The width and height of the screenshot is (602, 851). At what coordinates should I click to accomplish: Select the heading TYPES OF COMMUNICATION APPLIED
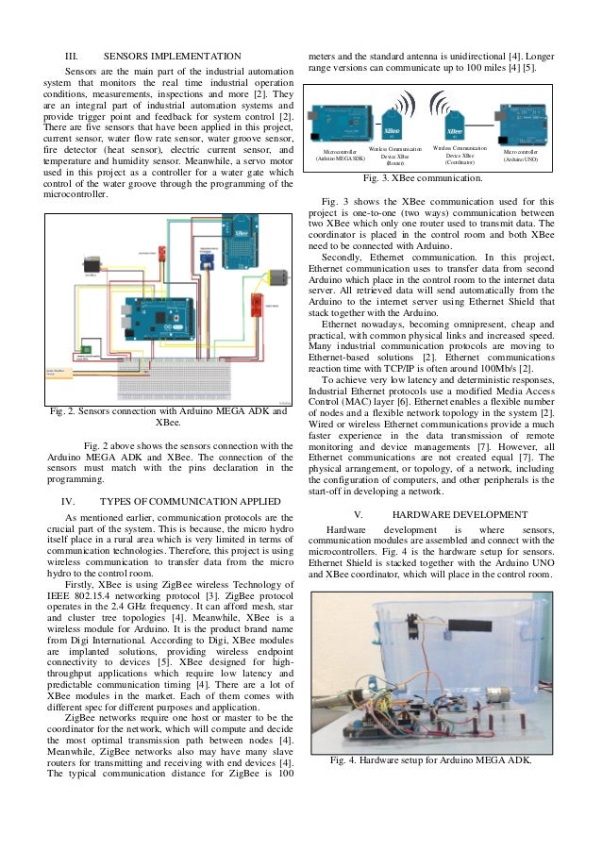(x=181, y=501)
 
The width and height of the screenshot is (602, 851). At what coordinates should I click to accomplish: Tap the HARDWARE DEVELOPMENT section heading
(x=460, y=514)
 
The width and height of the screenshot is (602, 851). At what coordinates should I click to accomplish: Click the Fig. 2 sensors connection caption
(x=168, y=416)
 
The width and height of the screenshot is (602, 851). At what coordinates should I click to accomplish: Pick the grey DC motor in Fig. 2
(x=276, y=277)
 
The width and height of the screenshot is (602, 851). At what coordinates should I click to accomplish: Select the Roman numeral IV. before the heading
(x=68, y=501)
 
